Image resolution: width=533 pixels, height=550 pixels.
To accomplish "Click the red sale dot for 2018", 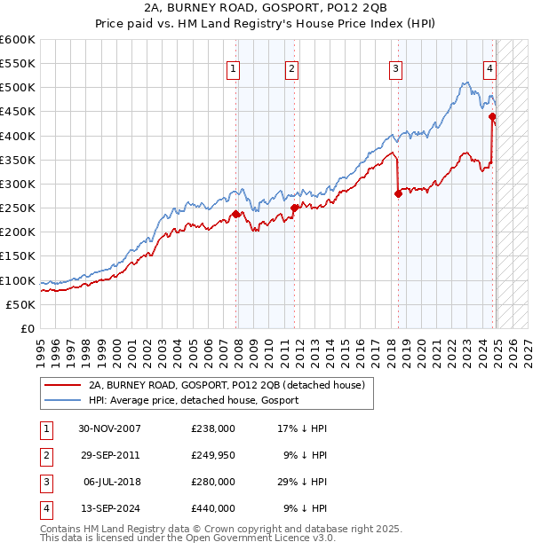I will tap(398, 194).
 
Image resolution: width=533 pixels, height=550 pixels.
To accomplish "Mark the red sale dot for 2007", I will tap(235, 214).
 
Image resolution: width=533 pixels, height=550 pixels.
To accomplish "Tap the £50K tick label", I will tap(20, 304).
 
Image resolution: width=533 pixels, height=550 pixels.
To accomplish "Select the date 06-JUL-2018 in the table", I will tap(109, 482).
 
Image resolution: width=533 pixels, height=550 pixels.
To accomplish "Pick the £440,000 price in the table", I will tap(213, 508).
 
